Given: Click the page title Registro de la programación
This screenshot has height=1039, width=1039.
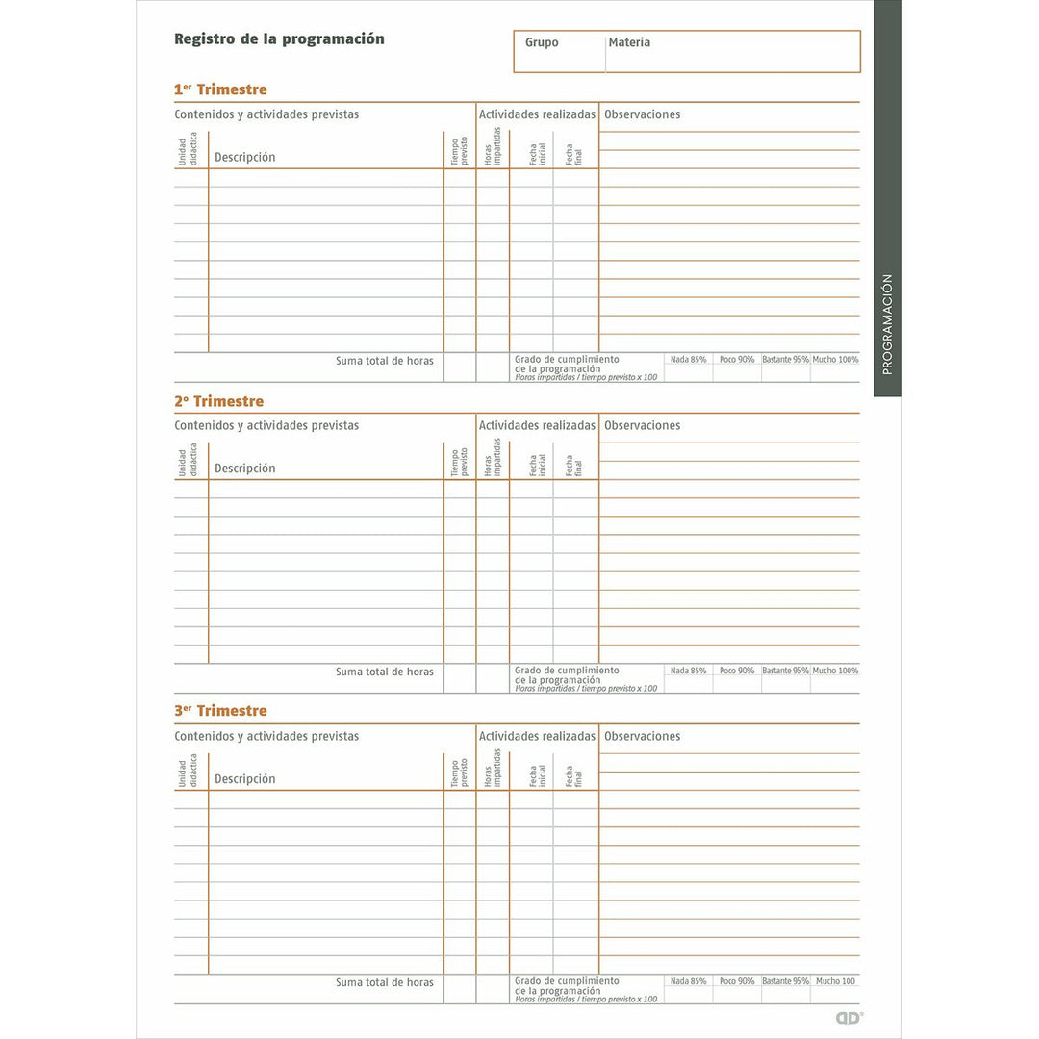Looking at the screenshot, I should [x=279, y=39].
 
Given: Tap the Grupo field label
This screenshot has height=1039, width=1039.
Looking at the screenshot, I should [x=542, y=43].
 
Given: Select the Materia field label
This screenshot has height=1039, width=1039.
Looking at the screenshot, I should [x=629, y=43].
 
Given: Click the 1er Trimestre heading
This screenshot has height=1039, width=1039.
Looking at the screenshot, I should [x=220, y=89].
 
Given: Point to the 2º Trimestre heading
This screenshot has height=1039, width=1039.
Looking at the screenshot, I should [x=218, y=401].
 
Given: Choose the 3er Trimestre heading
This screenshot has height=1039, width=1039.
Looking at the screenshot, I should [x=220, y=711].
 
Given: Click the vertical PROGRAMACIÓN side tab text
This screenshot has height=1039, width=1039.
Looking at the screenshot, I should [x=887, y=324].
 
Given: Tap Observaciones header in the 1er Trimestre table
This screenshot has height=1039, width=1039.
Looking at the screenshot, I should [x=642, y=114].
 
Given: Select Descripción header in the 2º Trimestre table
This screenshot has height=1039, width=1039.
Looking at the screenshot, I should [x=244, y=469].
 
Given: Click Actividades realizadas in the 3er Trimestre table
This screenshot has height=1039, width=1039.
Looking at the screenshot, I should [x=537, y=736].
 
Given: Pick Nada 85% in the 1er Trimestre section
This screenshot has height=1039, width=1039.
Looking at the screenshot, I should [x=688, y=360].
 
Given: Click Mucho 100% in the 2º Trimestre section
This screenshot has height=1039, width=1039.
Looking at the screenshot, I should [x=835, y=671].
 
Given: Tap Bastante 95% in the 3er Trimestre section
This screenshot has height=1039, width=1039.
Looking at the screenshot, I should [x=785, y=981].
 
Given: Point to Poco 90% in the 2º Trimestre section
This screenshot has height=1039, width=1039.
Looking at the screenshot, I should [x=737, y=671].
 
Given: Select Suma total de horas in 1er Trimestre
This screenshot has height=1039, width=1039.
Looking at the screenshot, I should [x=385, y=361].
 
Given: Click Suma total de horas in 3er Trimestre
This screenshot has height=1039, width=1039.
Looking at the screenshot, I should [x=385, y=982].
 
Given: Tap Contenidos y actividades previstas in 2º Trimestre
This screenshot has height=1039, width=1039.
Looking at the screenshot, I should [x=266, y=425].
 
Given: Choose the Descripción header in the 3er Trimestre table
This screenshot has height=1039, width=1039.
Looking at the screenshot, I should [x=244, y=779].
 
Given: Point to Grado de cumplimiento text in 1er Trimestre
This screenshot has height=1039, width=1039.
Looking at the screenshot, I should [x=567, y=359].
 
